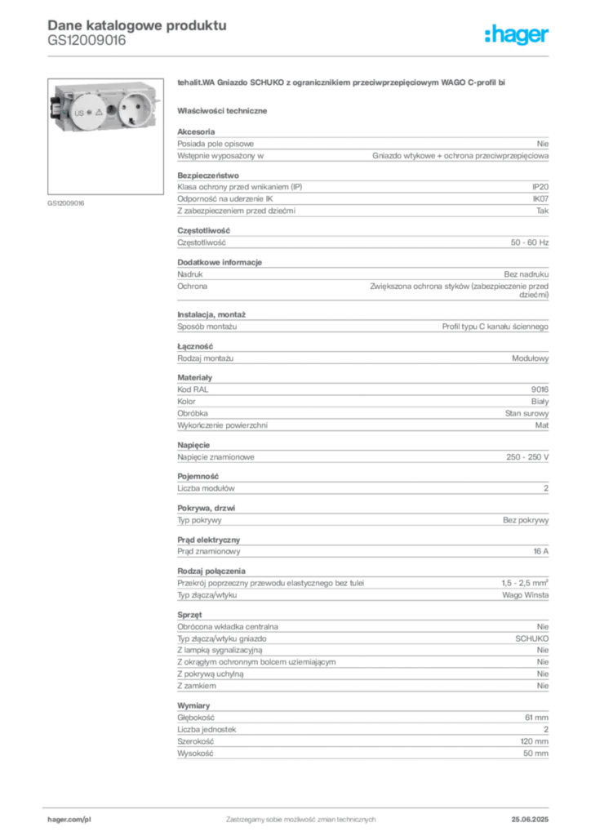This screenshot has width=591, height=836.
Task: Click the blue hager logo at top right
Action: point(518,35)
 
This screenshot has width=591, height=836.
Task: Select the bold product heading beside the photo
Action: point(343,83)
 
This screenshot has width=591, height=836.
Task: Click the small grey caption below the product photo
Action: point(64,202)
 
